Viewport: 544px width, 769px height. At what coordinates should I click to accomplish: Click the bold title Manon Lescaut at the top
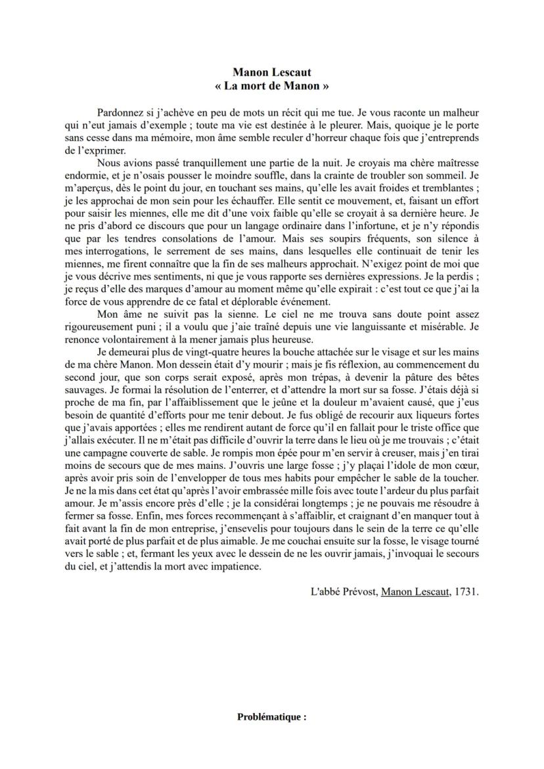(271, 73)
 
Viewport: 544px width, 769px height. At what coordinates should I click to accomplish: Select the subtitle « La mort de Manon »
(271, 85)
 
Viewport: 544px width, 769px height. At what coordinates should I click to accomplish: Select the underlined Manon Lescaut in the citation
(415, 592)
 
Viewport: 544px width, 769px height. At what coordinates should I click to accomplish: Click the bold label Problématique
(271, 717)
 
